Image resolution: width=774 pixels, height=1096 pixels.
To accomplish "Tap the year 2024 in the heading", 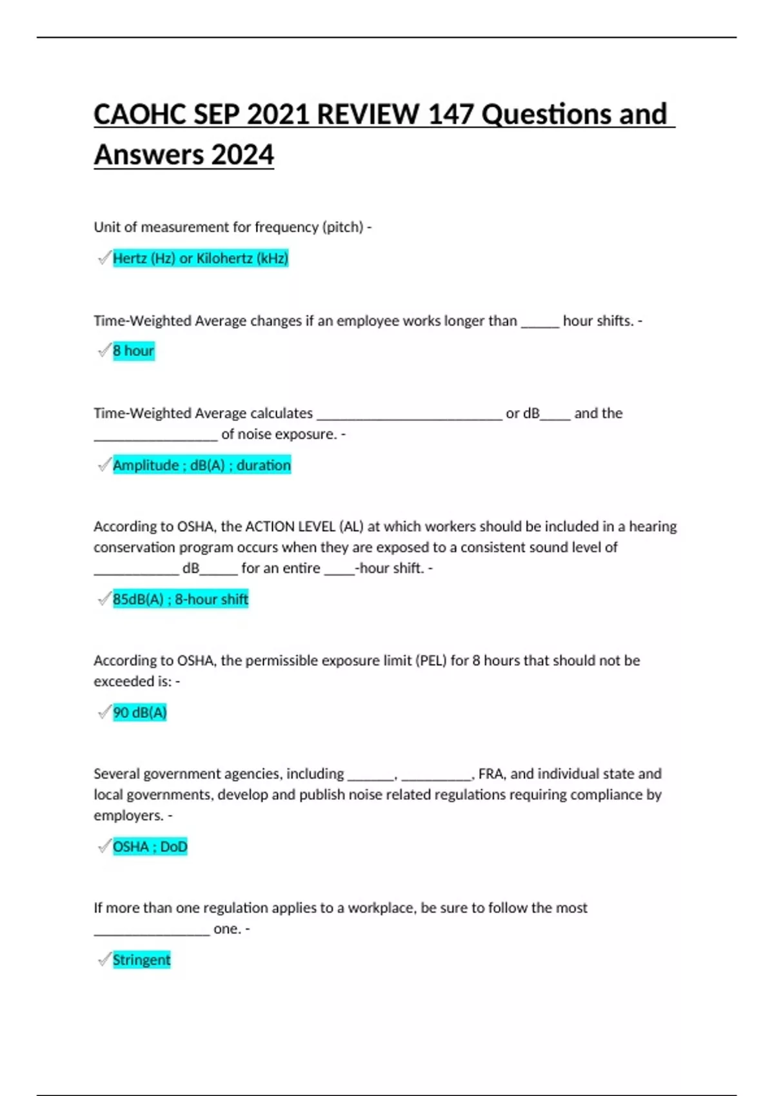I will [243, 155].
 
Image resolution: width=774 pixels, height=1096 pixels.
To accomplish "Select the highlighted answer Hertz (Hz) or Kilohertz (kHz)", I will [200, 259].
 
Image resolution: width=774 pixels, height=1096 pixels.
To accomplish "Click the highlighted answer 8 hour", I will [134, 351].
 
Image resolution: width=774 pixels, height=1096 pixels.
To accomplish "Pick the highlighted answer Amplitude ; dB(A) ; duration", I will [202, 465].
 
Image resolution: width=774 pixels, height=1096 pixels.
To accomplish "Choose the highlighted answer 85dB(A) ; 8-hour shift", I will [181, 600].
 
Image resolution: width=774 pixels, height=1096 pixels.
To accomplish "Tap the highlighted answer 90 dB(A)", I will [140, 712].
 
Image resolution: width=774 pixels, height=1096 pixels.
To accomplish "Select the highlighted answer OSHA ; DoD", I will [150, 846].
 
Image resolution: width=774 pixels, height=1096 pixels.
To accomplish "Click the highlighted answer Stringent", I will [141, 960].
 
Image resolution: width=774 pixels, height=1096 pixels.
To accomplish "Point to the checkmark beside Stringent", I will [104, 960].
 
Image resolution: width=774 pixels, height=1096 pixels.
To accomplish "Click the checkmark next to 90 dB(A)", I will [104, 712].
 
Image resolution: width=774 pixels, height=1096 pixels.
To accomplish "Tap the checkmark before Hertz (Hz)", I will [104, 259].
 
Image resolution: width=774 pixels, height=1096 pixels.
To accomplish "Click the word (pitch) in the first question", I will [342, 228].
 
